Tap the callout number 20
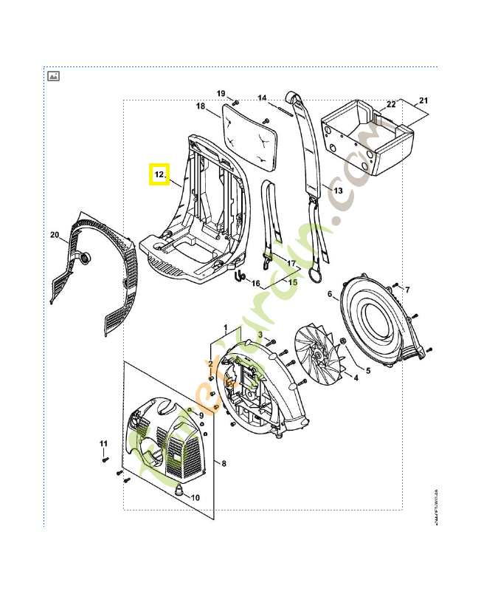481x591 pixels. tap(55, 235)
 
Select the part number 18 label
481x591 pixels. tap(201, 106)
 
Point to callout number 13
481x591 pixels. tap(338, 191)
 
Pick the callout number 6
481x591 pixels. tap(330, 295)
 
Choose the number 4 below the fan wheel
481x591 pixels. tap(356, 378)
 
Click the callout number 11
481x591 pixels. tap(104, 443)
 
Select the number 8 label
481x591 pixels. tap(224, 463)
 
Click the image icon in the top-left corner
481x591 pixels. tap(53, 76)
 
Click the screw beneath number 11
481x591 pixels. tap(105, 460)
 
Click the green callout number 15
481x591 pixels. tap(292, 281)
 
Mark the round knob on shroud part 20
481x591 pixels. tap(85, 257)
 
